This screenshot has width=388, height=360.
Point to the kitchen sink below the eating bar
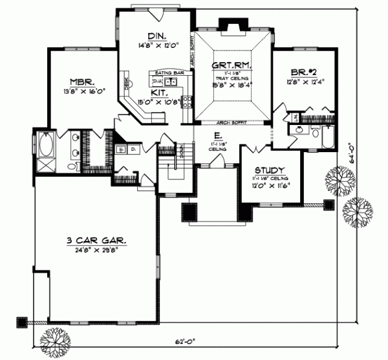click(x=170, y=82)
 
